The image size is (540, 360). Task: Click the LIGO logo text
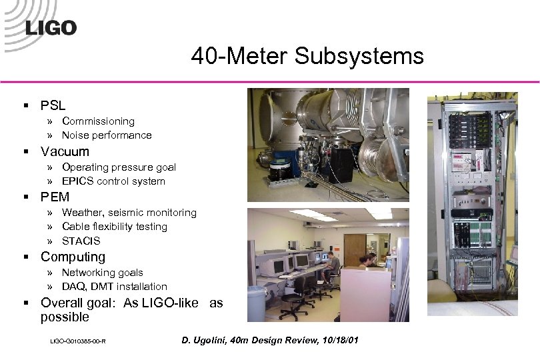coord(51,27)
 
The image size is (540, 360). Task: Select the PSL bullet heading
coord(53,105)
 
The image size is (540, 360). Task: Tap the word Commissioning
coord(98,121)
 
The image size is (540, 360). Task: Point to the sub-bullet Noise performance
coord(107,135)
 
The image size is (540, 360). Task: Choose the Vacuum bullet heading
coord(65,151)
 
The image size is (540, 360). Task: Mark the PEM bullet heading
coord(55,197)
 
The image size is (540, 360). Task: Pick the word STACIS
coord(81,241)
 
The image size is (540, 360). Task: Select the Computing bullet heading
coord(73,257)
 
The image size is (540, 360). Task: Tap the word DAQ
coord(73,287)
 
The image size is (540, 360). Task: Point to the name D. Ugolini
coord(204,341)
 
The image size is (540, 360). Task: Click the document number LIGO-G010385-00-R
coord(79,342)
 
